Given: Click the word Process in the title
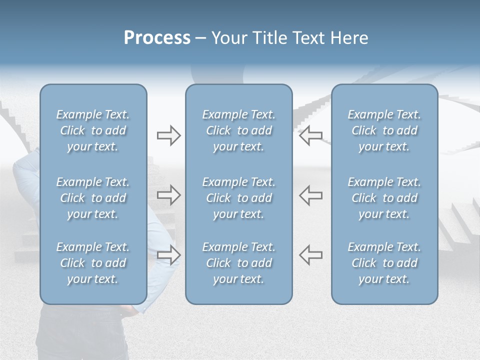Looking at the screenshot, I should point(157,38).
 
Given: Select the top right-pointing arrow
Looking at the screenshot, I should point(168,135).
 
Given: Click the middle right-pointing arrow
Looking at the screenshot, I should point(168,195).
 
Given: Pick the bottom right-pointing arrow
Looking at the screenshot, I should point(168,254).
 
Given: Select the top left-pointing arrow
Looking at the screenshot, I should point(311,135).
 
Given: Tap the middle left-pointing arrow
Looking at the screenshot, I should point(311,195).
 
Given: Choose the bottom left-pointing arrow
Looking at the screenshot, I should point(311,254).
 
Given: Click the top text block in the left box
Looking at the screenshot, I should point(93,130).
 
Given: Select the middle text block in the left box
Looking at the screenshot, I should point(93,198).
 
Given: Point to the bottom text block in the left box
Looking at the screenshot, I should point(93,263).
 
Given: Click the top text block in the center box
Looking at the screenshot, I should point(239,130).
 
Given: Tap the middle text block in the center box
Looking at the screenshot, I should point(239,198).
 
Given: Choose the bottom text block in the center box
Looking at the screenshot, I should point(239,263).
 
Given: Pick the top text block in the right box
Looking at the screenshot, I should point(384,130).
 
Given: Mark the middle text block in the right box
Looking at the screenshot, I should point(384,198).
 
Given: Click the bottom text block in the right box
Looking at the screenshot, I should point(384,263).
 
